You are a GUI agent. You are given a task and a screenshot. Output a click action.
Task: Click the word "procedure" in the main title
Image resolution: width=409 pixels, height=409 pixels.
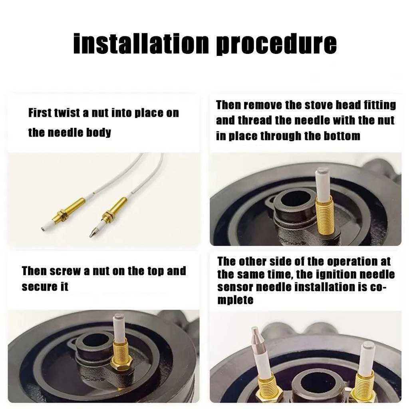pos(277,44)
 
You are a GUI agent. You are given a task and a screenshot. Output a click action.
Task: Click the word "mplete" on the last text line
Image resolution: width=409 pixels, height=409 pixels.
pos(235,300)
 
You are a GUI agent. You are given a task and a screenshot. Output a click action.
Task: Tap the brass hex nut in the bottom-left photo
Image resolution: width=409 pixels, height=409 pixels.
pos(122,363)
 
